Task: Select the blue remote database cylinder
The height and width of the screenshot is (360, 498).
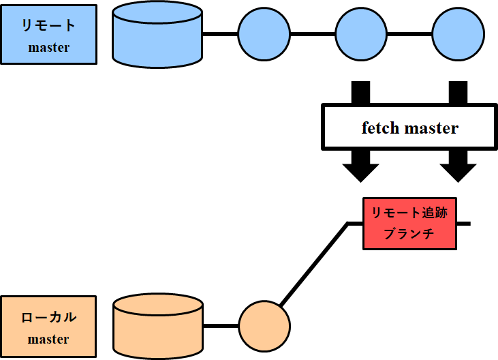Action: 157,34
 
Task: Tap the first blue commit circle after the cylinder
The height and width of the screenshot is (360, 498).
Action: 264,34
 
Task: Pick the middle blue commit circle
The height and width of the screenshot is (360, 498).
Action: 361,34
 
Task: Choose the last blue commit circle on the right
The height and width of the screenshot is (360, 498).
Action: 458,34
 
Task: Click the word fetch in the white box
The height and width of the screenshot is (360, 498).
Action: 380,128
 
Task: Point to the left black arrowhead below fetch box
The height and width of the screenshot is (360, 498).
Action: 360,171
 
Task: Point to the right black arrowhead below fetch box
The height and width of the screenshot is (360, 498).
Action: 458,171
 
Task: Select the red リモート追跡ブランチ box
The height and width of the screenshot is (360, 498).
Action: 409,223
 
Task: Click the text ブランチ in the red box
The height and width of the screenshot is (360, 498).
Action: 409,234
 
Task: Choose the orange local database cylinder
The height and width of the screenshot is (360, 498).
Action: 157,327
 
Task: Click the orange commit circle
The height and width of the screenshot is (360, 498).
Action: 264,327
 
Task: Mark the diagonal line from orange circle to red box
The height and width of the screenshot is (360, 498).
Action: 313,262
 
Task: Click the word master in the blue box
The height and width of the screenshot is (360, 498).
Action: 48,48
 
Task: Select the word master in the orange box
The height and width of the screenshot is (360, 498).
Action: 48,339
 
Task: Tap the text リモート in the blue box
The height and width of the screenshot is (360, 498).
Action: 48,26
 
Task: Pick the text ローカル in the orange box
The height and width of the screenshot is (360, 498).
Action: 48,317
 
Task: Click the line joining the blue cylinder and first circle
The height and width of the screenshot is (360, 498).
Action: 220,34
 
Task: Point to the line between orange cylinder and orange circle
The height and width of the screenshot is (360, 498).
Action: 220,327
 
